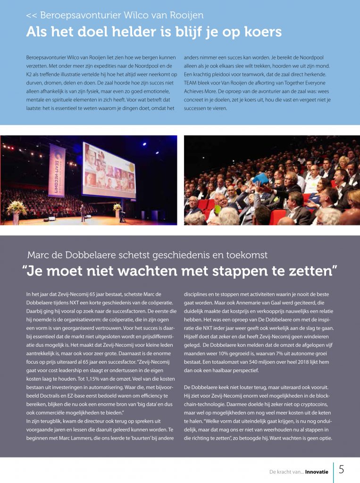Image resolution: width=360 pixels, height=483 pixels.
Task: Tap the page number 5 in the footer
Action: click(x=341, y=470)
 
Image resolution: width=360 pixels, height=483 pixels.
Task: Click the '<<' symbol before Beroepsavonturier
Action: click(x=32, y=15)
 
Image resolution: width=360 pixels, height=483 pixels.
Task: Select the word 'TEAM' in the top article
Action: click(x=192, y=83)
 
